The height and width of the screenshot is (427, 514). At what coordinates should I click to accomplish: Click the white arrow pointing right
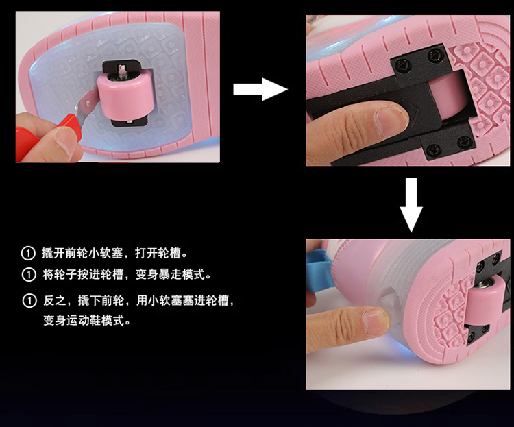tap(260, 89)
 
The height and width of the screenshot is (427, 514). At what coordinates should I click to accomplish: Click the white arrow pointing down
tap(411, 205)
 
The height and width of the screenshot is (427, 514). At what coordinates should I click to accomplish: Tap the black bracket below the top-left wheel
tap(129, 122)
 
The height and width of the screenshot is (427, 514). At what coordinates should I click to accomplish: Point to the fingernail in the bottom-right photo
tap(375, 322)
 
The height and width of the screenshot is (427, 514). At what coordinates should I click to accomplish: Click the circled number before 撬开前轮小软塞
tap(28, 253)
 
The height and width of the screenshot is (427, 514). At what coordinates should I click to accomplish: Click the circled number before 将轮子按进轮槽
tap(29, 274)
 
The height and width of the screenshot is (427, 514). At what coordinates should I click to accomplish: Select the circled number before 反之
tap(29, 300)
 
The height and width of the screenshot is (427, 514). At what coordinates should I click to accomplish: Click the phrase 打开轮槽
tap(158, 253)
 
